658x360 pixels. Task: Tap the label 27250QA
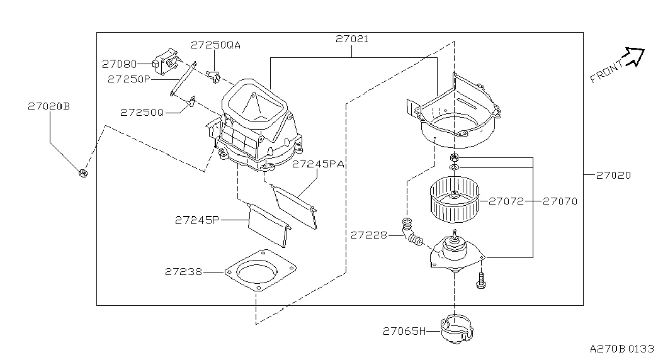pyautogui.click(x=215, y=45)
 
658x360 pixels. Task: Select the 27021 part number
pyautogui.click(x=351, y=39)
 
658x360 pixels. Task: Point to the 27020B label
pyautogui.click(x=48, y=106)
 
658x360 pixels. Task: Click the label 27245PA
pyautogui.click(x=317, y=164)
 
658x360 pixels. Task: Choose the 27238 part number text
pyautogui.click(x=183, y=272)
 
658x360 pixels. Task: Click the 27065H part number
pyautogui.click(x=404, y=331)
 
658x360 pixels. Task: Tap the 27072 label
pyautogui.click(x=506, y=201)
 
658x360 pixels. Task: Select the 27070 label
pyautogui.click(x=560, y=201)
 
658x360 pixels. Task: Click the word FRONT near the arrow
pyautogui.click(x=606, y=72)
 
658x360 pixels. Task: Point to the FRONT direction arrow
pyautogui.click(x=635, y=55)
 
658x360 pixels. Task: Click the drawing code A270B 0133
pyautogui.click(x=621, y=349)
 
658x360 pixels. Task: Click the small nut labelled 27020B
pyautogui.click(x=82, y=172)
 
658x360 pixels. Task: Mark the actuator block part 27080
pyautogui.click(x=167, y=62)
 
